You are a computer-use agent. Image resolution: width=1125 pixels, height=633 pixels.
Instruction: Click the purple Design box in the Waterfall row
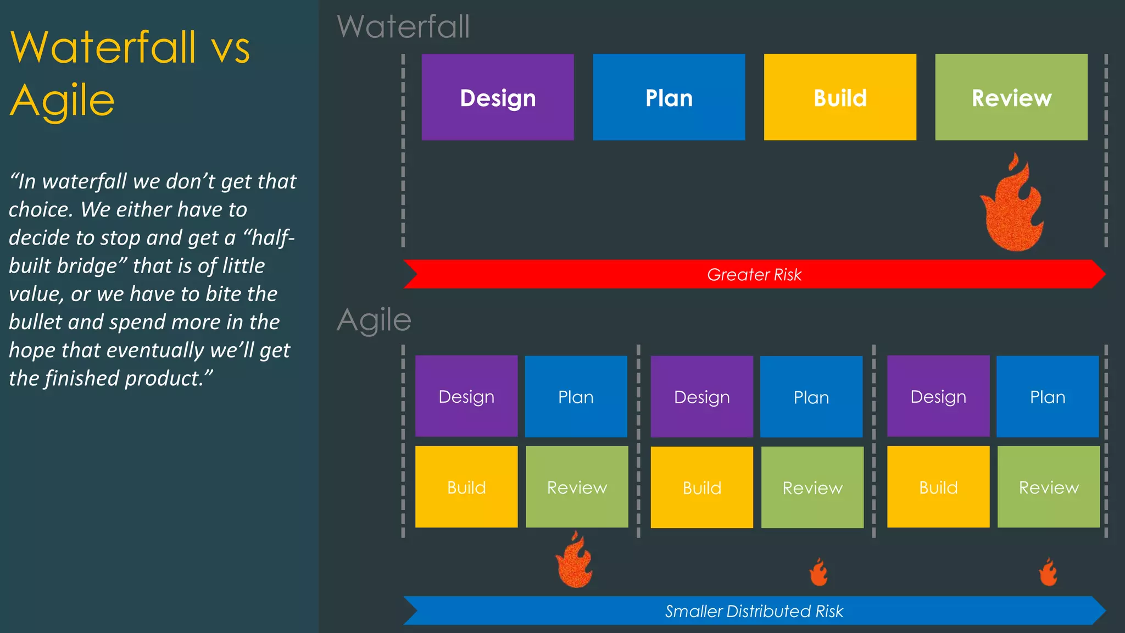pos(498,97)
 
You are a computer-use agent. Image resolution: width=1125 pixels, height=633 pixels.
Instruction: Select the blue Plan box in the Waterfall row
pos(669,97)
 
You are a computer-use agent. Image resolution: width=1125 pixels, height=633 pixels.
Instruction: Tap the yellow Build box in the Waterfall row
pos(840,97)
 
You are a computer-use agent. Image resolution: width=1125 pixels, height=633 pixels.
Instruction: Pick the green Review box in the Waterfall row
pos(1011,97)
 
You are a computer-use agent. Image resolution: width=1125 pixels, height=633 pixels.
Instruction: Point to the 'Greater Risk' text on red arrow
pos(754,274)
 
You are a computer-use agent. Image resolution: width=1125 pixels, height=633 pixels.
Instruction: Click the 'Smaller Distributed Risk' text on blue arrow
pos(754,611)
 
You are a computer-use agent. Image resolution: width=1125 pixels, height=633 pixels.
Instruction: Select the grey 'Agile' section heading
pos(374,320)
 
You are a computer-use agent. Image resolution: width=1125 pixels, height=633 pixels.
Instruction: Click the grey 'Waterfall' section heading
pos(403,26)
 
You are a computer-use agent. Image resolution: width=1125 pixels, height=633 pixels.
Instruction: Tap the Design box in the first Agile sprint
pos(466,396)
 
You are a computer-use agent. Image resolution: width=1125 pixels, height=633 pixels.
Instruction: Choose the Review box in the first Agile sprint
pos(577,487)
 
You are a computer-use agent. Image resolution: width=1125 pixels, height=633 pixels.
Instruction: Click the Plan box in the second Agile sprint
pos(811,397)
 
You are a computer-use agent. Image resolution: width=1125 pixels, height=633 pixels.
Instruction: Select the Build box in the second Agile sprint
pos(701,487)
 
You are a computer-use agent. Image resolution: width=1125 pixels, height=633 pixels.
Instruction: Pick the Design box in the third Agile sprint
pos(938,396)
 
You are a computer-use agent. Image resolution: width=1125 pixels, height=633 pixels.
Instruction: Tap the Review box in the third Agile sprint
pos(1048,487)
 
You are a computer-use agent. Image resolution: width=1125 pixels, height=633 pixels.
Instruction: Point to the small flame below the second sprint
pos(818,573)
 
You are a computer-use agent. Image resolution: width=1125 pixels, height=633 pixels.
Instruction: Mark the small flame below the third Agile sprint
pos(1048,573)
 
